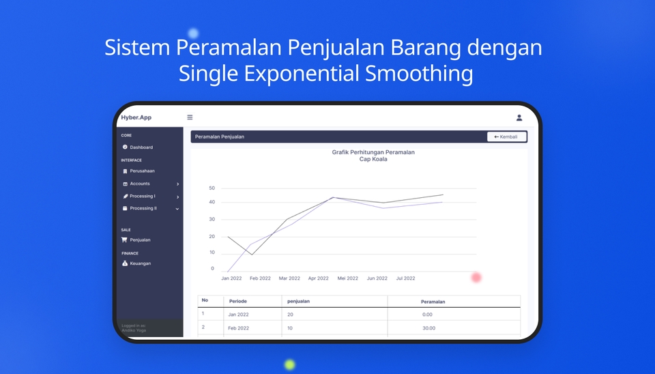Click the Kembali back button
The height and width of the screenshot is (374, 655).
click(x=506, y=136)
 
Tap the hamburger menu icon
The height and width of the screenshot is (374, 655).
click(x=190, y=117)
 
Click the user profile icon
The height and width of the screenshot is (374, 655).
click(x=519, y=117)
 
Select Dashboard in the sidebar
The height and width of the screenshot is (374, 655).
click(x=141, y=147)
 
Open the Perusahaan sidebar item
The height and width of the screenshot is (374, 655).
click(x=142, y=171)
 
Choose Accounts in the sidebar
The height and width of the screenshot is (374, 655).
click(x=140, y=184)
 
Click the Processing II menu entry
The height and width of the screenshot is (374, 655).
click(x=143, y=208)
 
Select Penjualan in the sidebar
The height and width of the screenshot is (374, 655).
click(x=140, y=240)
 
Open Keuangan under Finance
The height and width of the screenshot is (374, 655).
click(x=140, y=263)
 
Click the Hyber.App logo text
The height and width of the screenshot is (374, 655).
click(x=136, y=117)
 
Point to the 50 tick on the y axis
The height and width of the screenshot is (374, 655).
click(x=212, y=188)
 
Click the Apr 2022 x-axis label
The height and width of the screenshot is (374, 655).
click(x=318, y=278)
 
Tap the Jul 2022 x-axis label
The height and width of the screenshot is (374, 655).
click(x=405, y=278)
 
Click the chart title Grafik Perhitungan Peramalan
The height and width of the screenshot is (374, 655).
click(x=373, y=152)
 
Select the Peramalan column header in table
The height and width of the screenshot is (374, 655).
click(x=433, y=301)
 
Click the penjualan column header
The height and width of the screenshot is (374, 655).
click(x=297, y=301)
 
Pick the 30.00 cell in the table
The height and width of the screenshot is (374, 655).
click(x=428, y=328)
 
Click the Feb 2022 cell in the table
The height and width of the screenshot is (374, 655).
click(x=239, y=328)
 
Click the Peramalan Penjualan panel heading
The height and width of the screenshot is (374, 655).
click(x=220, y=136)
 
